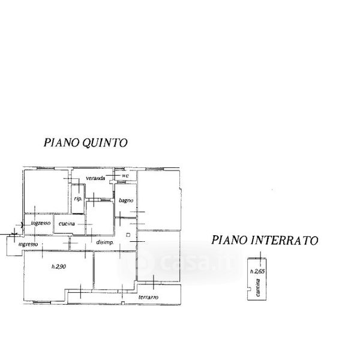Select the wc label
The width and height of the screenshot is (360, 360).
pos(125,176)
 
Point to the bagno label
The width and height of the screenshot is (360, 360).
pos(125,201)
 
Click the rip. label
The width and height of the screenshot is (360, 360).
pos(78,199)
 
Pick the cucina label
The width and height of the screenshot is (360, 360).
pos(67,224)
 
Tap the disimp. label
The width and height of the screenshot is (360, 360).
pos(105,242)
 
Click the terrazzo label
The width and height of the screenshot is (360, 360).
pos(148,298)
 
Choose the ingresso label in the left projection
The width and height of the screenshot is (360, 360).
pos(28,245)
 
